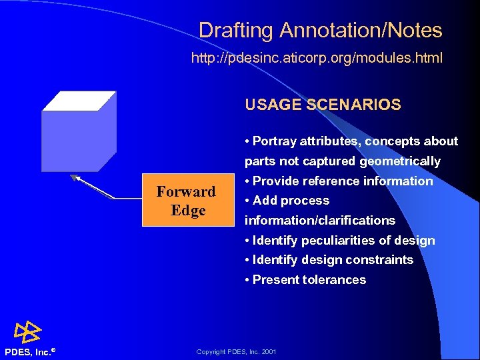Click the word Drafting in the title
click(x=235, y=31)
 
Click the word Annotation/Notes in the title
click(x=361, y=31)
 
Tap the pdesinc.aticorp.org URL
click(x=317, y=59)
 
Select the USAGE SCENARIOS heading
click(x=323, y=105)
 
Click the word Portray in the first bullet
click(x=275, y=141)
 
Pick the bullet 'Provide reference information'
click(x=339, y=181)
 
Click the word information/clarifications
click(x=320, y=221)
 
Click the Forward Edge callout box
click(x=186, y=201)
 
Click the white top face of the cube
click(x=79, y=101)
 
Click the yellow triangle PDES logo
click(x=29, y=332)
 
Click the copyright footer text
click(x=236, y=352)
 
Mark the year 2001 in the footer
click(x=269, y=352)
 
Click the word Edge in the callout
click(x=187, y=210)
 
